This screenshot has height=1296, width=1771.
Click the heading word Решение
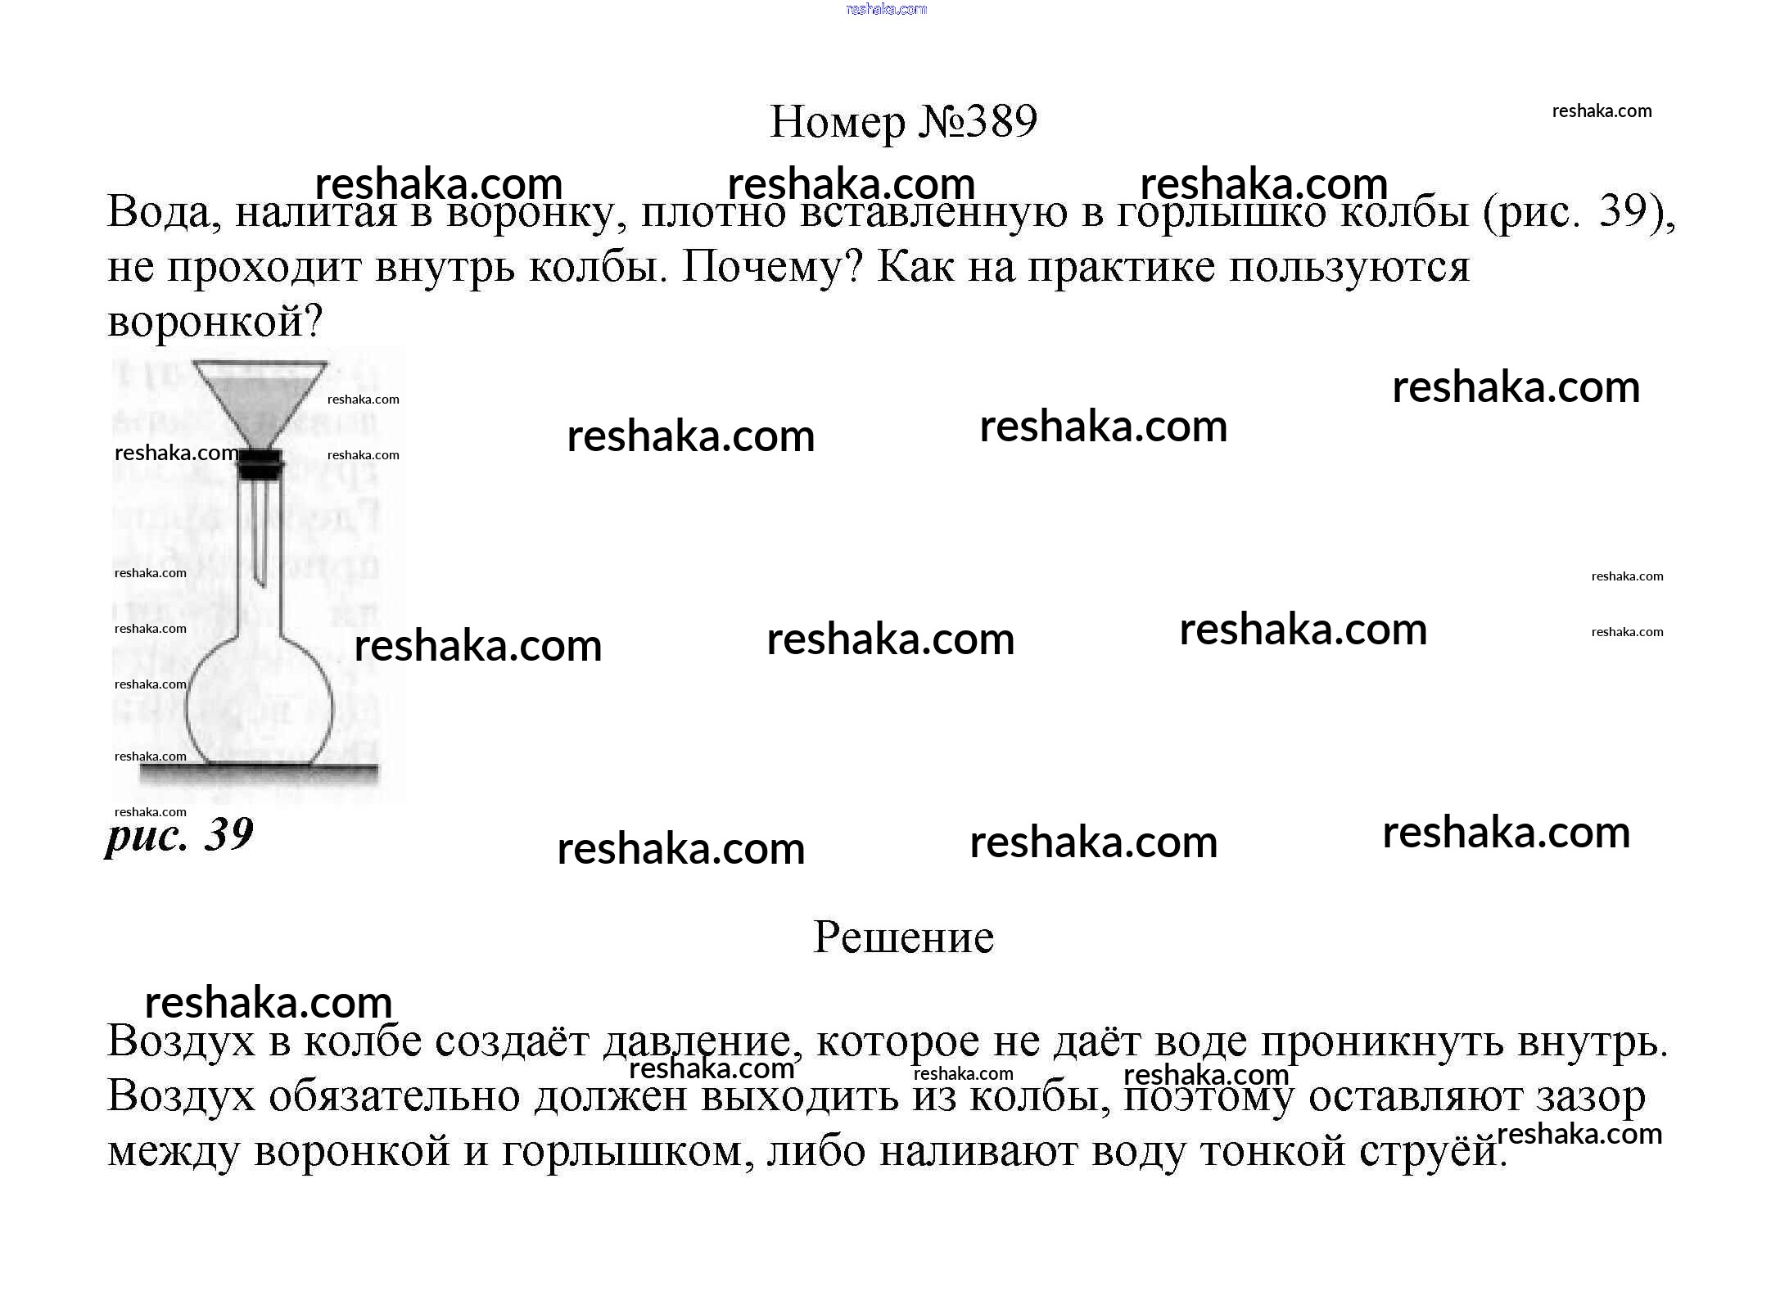click(903, 937)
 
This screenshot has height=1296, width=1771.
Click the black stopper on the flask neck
click(260, 464)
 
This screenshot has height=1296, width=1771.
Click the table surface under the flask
click(259, 771)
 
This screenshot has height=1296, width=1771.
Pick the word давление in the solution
click(696, 1041)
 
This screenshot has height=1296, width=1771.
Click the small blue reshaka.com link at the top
click(886, 9)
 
